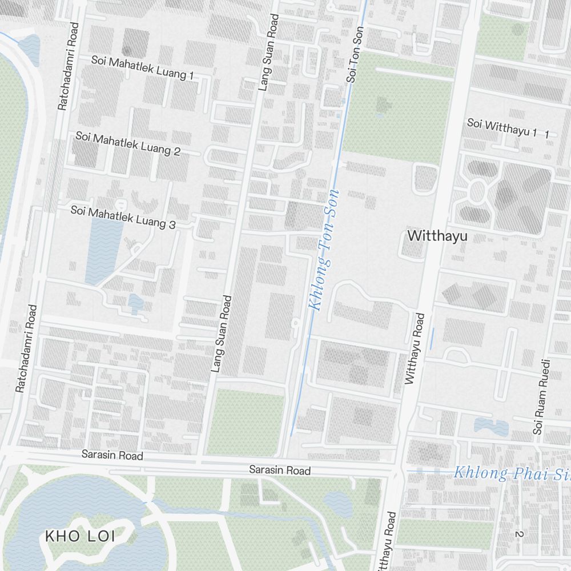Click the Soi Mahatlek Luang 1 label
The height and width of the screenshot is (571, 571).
click(143, 67)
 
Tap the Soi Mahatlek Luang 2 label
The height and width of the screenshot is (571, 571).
click(128, 143)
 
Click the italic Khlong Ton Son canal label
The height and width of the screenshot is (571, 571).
click(323, 248)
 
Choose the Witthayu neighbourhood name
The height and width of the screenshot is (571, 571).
click(437, 235)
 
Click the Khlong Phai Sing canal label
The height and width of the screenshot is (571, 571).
click(511, 473)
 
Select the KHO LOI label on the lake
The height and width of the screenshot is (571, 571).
click(80, 536)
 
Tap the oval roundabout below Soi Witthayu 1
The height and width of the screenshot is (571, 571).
click(477, 192)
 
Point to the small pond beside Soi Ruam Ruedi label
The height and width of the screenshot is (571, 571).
click(491, 426)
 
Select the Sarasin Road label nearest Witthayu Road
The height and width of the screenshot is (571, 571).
click(280, 471)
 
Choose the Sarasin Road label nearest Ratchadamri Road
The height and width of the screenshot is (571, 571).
click(112, 455)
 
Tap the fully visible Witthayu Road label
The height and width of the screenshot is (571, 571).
click(415, 348)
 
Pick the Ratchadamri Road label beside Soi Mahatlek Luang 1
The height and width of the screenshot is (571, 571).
click(68, 66)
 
